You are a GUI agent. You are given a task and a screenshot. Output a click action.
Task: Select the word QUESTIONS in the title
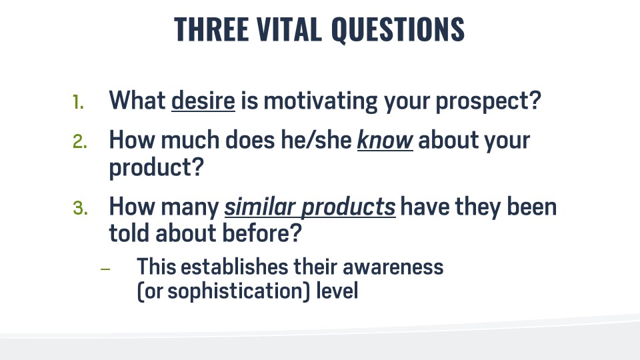[397, 29]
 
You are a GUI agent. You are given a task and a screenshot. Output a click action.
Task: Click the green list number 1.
[79, 102]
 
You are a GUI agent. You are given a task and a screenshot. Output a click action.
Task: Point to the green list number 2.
[80, 142]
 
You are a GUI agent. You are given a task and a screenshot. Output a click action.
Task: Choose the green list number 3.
[80, 208]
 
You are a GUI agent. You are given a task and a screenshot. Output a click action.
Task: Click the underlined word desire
[203, 100]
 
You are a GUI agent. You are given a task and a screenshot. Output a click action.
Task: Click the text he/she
[317, 140]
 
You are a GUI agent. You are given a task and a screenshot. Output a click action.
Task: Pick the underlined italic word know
[385, 140]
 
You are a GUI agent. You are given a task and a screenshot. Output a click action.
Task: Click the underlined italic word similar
[259, 207]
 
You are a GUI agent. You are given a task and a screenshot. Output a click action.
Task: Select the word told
[129, 234]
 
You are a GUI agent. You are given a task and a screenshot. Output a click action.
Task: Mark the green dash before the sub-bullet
[105, 269]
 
